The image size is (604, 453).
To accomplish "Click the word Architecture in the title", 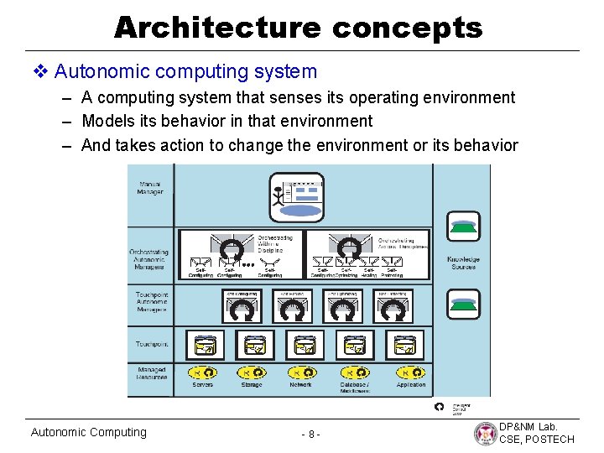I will tap(217, 28).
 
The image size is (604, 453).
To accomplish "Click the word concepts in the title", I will tap(408, 28).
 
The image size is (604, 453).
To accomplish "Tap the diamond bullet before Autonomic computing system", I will tap(42, 72).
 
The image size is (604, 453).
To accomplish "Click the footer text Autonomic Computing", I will tap(88, 432).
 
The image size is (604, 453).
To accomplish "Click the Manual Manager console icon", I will tap(295, 196).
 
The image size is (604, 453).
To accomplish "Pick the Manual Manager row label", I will tap(150, 188).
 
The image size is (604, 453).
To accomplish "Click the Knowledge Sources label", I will tap(462, 263).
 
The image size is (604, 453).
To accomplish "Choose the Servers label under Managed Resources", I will tap(202, 384).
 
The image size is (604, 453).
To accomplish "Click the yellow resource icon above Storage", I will tap(251, 372).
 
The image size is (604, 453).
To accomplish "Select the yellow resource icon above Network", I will tap(299, 372).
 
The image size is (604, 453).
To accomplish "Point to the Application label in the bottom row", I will tap(411, 384).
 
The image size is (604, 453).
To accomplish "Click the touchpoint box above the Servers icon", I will tap(205, 345).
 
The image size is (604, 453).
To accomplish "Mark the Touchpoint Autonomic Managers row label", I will tap(151, 302).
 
